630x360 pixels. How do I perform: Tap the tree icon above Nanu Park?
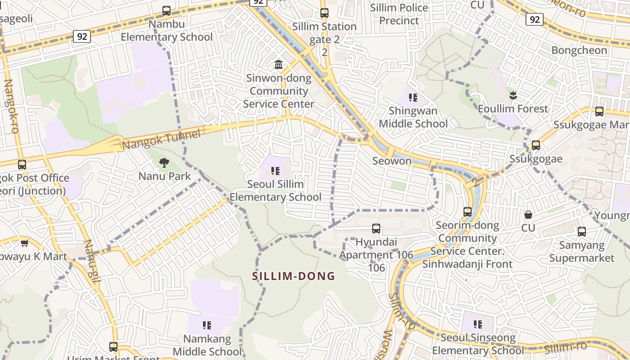tap(164, 163)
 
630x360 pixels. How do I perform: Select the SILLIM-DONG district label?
tap(294, 276)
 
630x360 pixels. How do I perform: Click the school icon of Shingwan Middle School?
tap(413, 98)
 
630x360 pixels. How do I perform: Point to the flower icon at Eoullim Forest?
tap(513, 95)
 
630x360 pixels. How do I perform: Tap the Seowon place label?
tap(392, 161)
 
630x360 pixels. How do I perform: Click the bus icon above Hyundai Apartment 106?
tap(376, 229)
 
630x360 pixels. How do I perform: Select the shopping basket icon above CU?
tap(528, 215)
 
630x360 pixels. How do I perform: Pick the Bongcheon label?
tap(579, 50)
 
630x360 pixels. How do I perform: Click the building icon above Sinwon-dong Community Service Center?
tap(279, 65)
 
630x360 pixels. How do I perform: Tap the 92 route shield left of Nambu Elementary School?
tap(82, 36)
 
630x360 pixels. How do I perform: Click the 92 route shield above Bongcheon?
tap(534, 19)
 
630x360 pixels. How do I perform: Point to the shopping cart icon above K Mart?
tap(24, 243)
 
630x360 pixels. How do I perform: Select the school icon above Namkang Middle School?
tap(207, 325)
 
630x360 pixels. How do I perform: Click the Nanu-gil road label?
tap(92, 261)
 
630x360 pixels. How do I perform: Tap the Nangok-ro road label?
tap(11, 106)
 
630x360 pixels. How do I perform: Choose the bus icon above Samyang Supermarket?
tap(581, 232)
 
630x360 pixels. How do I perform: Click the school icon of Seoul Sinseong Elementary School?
tap(478, 324)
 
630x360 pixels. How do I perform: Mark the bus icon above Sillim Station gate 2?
tap(324, 13)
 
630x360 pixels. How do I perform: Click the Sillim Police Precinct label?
tap(399, 14)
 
